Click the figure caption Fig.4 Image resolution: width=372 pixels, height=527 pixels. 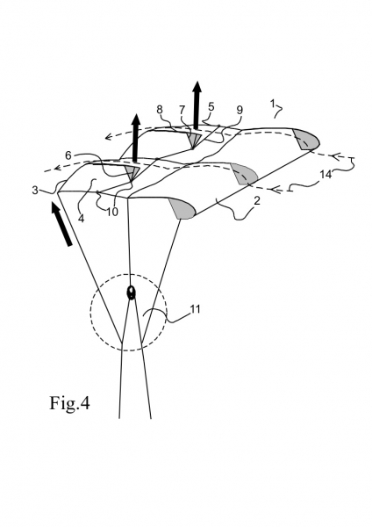69,402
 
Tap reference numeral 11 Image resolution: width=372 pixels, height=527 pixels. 195,309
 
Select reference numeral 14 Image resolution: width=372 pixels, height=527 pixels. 325,175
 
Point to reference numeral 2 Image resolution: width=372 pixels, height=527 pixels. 257,201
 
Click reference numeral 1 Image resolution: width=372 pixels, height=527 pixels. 273,104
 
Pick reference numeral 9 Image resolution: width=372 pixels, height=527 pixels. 240,110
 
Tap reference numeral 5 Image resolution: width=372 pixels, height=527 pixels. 211,107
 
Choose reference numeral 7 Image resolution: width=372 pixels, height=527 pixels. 182,110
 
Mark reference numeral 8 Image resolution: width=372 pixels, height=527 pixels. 160,110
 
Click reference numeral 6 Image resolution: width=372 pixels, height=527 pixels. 68,155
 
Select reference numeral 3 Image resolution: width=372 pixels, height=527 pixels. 35,191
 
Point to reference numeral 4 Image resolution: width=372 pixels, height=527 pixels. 82,219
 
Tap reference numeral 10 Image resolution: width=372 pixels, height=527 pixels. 112,213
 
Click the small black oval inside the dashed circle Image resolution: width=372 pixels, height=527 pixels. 131,292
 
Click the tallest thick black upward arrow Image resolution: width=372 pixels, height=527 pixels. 197,105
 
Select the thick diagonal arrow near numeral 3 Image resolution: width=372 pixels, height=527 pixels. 61,223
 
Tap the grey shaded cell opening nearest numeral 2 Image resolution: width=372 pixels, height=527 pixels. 182,208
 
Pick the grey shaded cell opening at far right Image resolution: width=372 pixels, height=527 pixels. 306,139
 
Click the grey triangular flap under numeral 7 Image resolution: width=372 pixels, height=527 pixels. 195,140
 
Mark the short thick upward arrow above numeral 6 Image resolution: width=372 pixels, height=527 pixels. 136,138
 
